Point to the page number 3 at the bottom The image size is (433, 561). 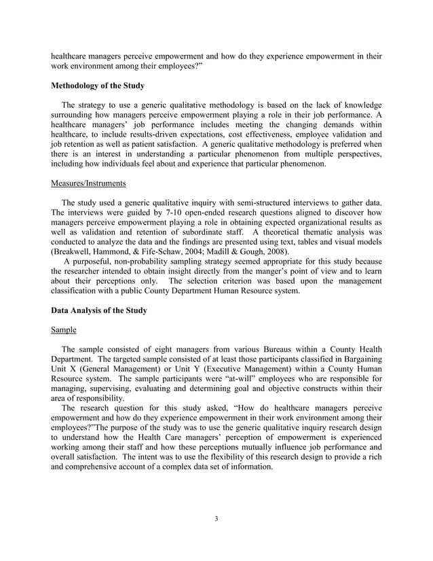pyautogui.click(x=216, y=520)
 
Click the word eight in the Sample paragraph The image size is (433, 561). pyautogui.click(x=149, y=350)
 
